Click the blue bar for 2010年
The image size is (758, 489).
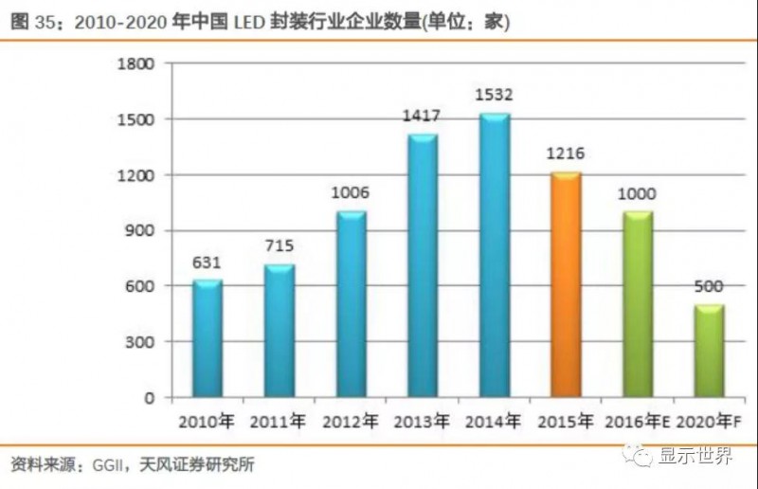click(208, 338)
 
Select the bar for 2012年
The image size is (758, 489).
click(351, 303)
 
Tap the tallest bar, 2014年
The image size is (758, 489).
click(495, 256)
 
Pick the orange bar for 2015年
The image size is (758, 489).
click(567, 284)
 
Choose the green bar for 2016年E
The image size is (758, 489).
click(638, 303)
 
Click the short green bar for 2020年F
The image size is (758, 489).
click(710, 351)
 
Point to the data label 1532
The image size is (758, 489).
click(495, 96)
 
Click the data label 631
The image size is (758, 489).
click(208, 263)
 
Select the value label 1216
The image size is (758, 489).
click(567, 154)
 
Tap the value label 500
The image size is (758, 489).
click(710, 287)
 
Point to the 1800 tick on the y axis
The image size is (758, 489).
click(136, 63)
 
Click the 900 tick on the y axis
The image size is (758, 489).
click(142, 230)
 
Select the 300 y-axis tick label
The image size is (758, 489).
click(142, 342)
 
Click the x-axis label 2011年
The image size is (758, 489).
click(280, 420)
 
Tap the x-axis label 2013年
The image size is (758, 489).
click(423, 420)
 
